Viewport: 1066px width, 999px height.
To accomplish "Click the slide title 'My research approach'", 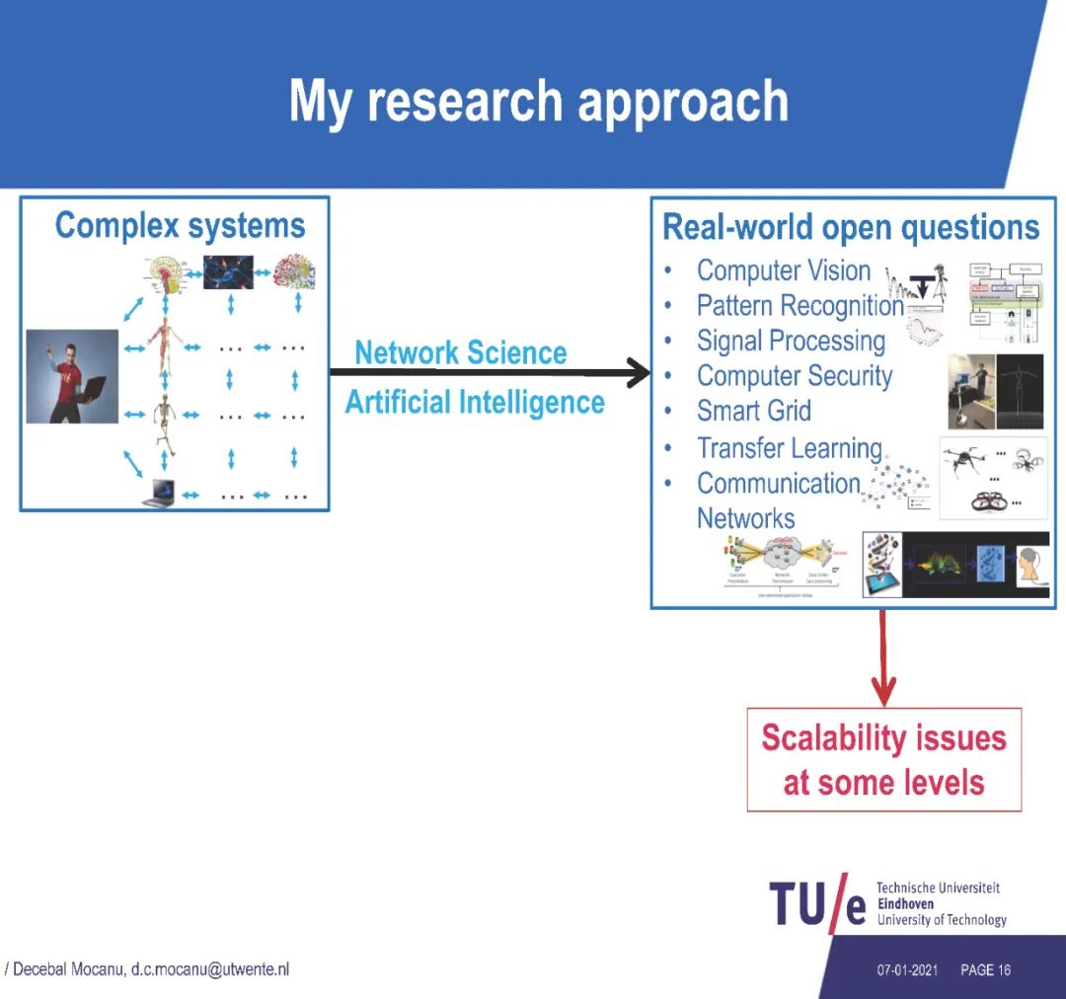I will [539, 102].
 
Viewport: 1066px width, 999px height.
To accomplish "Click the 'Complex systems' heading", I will [180, 226].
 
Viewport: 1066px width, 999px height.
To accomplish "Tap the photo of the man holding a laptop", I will [72, 376].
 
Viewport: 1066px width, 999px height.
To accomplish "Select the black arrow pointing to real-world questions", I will [490, 373].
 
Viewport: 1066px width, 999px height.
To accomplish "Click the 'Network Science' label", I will [461, 352].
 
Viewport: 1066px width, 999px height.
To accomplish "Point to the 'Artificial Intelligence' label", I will [474, 403].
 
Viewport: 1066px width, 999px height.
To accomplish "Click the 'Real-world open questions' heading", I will [851, 227].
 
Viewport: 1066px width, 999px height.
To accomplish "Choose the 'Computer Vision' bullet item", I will [784, 270].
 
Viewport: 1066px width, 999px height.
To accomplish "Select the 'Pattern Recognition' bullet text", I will [799, 306].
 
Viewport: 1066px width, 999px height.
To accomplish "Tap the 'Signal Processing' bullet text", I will [791, 341].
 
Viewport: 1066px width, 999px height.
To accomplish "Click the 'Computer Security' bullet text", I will [794, 376].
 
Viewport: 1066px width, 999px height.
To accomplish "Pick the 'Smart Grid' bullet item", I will [753, 411].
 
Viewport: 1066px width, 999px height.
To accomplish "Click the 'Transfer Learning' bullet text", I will [789, 448].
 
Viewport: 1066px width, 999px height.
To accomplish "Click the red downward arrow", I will [883, 656].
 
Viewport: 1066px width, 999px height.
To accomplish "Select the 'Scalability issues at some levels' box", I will [883, 760].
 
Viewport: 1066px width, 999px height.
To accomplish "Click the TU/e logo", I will [818, 904].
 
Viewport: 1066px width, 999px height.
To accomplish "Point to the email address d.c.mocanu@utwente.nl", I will [210, 969].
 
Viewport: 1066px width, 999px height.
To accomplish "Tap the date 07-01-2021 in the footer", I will [907, 970].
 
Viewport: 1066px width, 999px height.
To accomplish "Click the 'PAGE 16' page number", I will [985, 970].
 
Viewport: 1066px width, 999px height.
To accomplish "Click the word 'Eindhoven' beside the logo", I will [905, 903].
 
